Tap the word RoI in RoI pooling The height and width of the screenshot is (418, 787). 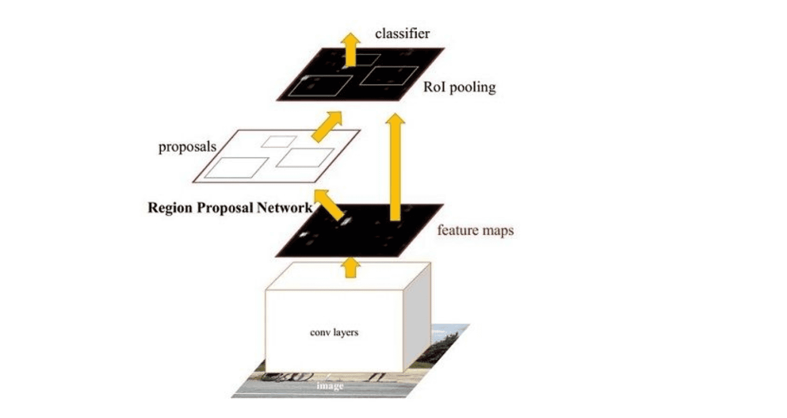(435, 87)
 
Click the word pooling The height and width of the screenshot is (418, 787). (473, 88)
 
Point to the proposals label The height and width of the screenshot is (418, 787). (188, 147)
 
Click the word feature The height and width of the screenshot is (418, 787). (456, 230)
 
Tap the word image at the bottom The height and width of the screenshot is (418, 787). (330, 386)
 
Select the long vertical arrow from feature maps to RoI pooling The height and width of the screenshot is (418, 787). (395, 168)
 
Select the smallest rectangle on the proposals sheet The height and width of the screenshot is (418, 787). (279, 141)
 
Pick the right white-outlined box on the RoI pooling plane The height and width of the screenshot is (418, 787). (389, 76)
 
